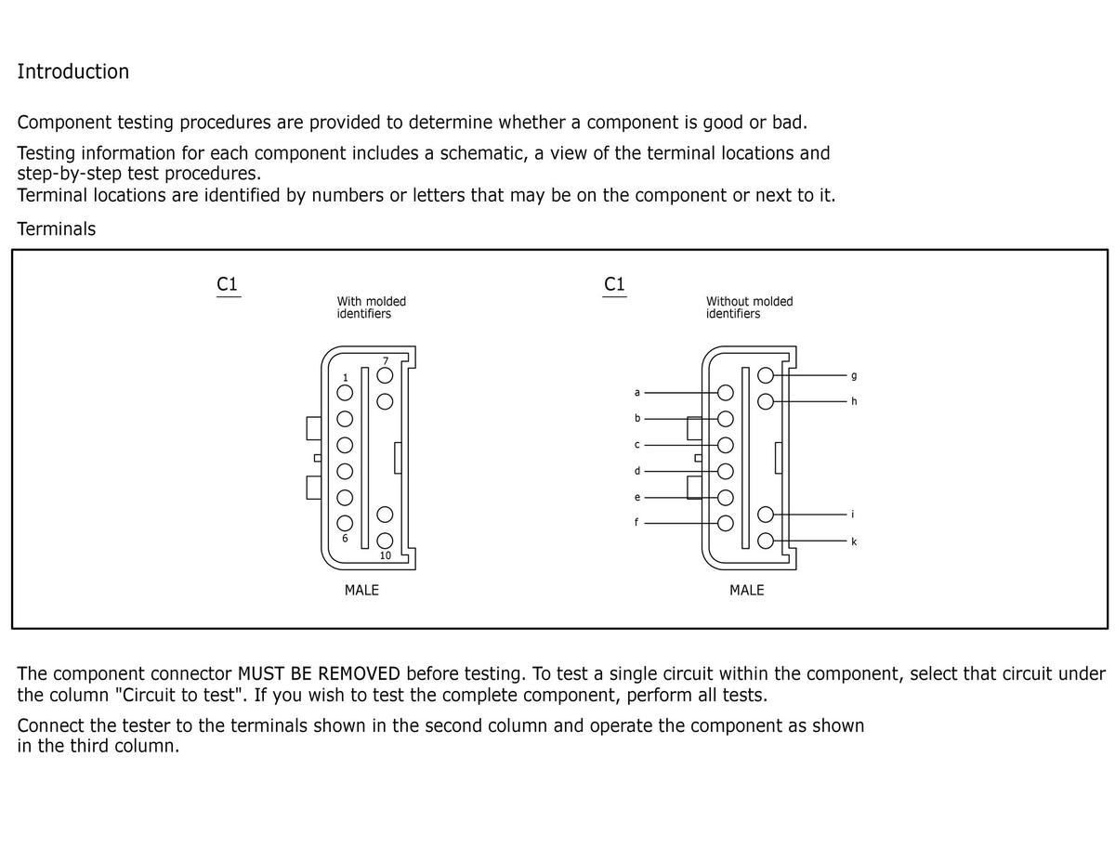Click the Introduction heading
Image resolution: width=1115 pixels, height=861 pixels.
[72, 72]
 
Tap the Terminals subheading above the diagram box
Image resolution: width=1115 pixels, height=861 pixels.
[56, 228]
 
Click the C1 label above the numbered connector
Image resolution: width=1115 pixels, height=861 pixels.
[227, 283]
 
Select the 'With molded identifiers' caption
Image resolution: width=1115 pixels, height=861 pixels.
[371, 307]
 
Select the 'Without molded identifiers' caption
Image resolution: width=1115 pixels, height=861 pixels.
[749, 307]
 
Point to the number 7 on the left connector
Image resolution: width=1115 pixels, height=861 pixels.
[386, 361]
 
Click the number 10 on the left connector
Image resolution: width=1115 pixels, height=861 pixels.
[386, 555]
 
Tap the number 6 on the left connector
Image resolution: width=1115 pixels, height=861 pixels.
[345, 539]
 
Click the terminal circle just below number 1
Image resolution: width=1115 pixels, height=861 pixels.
[345, 393]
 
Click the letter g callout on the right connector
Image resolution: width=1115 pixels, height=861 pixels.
[854, 376]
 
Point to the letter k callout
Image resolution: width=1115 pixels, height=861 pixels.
[854, 541]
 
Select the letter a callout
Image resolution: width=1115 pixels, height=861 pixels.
[636, 393]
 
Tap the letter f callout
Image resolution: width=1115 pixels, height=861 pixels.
[636, 522]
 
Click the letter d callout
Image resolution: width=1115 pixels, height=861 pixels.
[636, 471]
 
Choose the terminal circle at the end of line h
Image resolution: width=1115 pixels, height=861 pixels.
[765, 401]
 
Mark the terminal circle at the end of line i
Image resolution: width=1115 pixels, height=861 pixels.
[765, 515]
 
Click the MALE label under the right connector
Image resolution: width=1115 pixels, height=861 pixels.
[746, 590]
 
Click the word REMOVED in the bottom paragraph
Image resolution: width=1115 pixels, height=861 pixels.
[359, 673]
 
